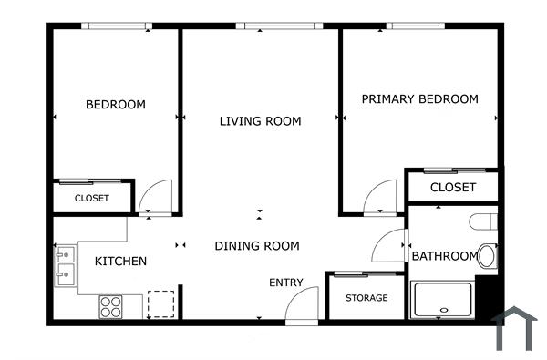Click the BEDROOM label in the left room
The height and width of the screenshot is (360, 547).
pos(115,105)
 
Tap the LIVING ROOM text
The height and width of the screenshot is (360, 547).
pos(260,121)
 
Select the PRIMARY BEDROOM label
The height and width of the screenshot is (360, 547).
pos(419,99)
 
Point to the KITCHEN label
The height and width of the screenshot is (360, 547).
pos(120,262)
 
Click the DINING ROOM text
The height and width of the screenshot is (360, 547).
pos(257,246)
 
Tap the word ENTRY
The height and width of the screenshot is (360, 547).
pos(285,283)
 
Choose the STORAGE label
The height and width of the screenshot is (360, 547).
pos(366,298)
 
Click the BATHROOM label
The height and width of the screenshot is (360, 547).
pos(444,256)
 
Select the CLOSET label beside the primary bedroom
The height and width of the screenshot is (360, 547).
pos(452,188)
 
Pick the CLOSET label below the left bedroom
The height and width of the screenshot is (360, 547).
pos(91,198)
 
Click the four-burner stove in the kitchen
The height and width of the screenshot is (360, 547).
pos(110,306)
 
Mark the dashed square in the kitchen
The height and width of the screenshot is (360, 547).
pos(160,303)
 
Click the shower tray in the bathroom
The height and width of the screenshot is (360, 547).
pos(442,300)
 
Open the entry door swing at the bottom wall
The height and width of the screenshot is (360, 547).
pos(301,306)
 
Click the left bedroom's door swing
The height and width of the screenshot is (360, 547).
pos(155,197)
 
